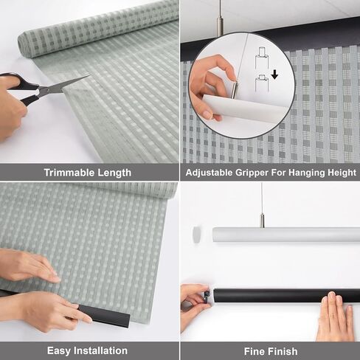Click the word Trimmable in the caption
point(69,173)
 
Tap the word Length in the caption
point(114,173)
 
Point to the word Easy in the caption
point(59,351)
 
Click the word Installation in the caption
point(100,351)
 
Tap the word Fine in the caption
point(254,351)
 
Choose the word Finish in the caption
point(283,351)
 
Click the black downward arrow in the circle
point(274,75)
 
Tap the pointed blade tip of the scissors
point(89,76)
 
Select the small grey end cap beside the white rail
point(197,235)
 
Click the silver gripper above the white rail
point(263,221)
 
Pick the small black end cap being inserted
point(207,296)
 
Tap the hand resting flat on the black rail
point(336,316)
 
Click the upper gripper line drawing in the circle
point(261,58)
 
